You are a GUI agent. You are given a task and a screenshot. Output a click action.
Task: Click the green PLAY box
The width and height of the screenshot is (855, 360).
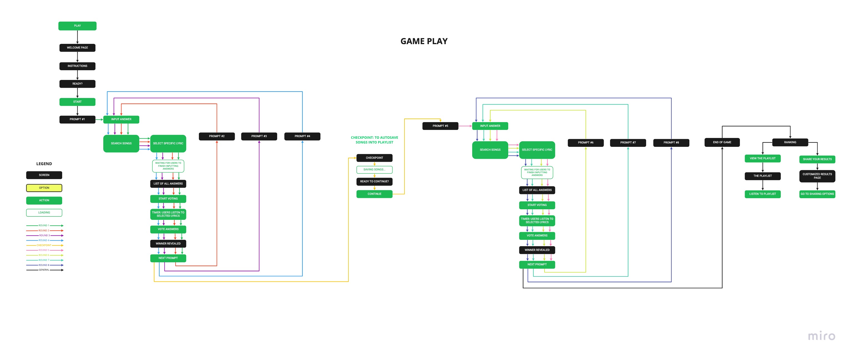[77, 26]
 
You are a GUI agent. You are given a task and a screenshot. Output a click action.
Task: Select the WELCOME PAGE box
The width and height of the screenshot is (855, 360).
[77, 48]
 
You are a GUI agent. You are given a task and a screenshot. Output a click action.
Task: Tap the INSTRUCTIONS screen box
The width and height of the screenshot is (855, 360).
[77, 66]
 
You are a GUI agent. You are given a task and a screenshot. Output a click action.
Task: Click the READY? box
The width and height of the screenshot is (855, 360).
[77, 84]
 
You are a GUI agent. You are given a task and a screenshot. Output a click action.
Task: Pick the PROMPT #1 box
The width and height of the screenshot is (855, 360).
[77, 120]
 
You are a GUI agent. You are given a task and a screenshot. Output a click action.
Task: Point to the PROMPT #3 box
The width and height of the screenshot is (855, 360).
[259, 137]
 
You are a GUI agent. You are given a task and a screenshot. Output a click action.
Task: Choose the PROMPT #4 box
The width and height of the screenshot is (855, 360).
[302, 137]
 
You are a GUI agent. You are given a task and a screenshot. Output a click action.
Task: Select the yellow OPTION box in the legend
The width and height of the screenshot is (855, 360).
[44, 188]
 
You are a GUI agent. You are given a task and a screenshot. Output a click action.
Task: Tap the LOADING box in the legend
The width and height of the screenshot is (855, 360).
[44, 213]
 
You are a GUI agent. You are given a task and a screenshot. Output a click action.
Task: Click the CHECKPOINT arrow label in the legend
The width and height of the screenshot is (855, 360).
[44, 245]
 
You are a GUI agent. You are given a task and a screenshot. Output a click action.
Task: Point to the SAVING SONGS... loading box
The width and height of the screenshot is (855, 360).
[375, 170]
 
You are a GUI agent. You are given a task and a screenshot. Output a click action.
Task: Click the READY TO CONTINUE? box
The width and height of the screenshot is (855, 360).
[375, 182]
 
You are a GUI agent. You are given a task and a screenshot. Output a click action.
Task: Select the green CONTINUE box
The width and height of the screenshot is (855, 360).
[375, 194]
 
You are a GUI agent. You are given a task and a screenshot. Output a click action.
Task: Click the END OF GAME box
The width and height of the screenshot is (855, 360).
[722, 142]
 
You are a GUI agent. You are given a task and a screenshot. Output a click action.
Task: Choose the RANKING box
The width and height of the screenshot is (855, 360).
[790, 142]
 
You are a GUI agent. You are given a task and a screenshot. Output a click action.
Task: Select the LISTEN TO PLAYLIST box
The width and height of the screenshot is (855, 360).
[762, 194]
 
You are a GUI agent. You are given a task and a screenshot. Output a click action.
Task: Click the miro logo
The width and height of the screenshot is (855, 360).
[821, 336]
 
